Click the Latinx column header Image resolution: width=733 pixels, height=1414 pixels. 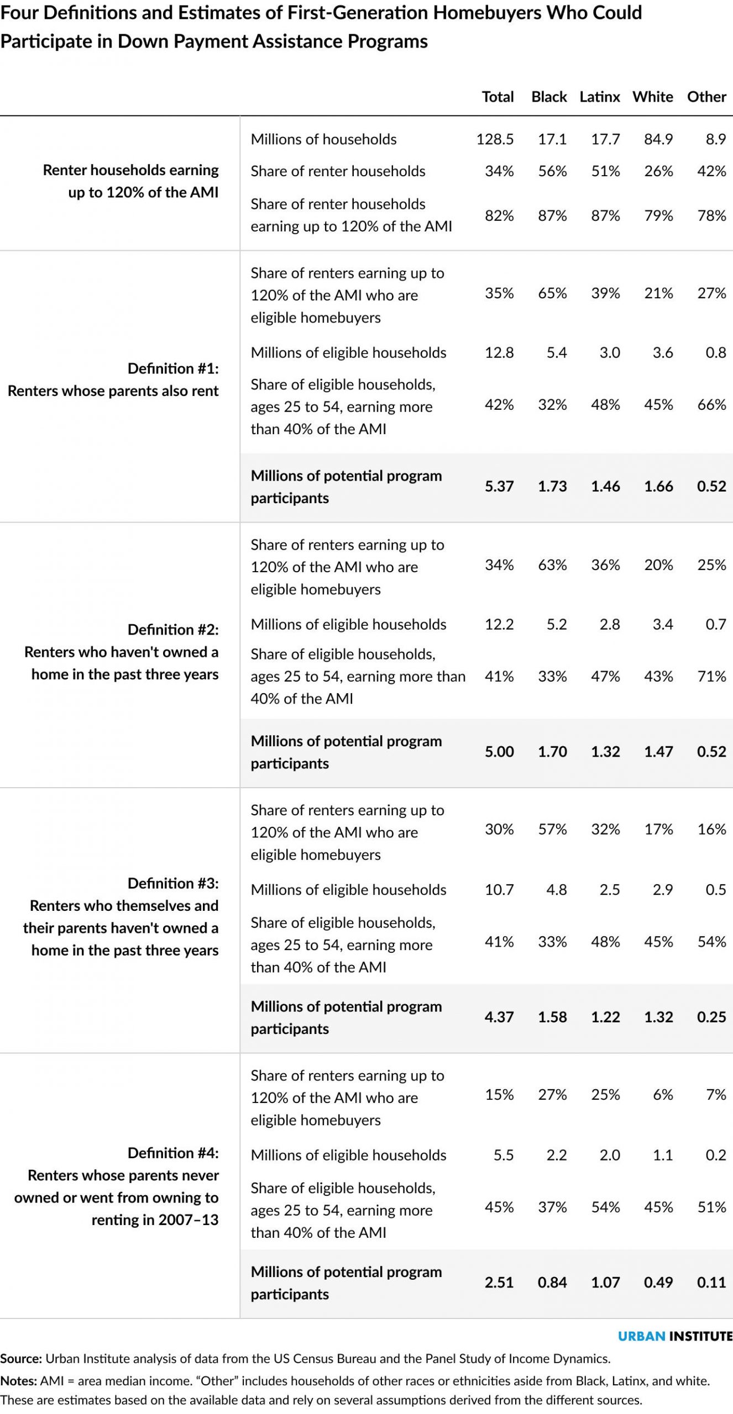pyautogui.click(x=600, y=97)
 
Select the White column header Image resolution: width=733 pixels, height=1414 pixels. pyautogui.click(x=653, y=97)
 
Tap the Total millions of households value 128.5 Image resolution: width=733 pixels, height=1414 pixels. pyautogui.click(x=495, y=139)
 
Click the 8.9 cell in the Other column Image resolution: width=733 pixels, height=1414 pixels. pyautogui.click(x=716, y=139)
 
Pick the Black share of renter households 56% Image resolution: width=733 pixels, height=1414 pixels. pyautogui.click(x=553, y=171)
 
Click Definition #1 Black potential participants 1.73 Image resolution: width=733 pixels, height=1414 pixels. pyautogui.click(x=553, y=486)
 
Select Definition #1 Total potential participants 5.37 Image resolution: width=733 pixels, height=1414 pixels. pyautogui.click(x=499, y=486)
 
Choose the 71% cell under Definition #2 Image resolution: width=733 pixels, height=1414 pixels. pyautogui.click(x=712, y=676)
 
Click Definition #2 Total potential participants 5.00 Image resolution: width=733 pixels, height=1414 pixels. pyautogui.click(x=499, y=751)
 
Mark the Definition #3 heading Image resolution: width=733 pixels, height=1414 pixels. pyautogui.click(x=173, y=883)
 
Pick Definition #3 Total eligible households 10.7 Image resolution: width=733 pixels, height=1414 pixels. pyautogui.click(x=499, y=889)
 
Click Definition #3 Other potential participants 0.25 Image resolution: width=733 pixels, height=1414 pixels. pyautogui.click(x=712, y=1016)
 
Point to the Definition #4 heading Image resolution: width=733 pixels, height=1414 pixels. pyautogui.click(x=173, y=1153)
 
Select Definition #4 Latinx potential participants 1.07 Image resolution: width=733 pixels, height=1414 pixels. pyautogui.click(x=606, y=1282)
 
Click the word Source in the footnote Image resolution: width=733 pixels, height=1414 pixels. pyautogui.click(x=21, y=1358)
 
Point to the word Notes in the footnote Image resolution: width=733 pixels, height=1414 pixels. pyautogui.click(x=18, y=1381)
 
